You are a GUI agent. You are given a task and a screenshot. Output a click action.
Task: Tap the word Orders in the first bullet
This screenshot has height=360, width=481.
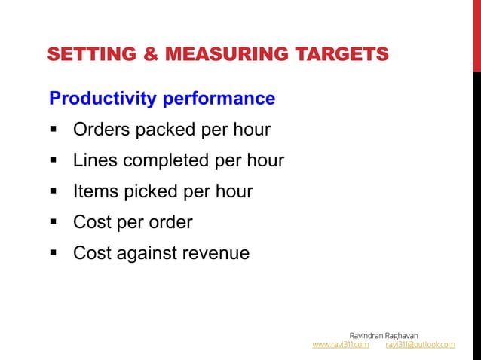[100, 130]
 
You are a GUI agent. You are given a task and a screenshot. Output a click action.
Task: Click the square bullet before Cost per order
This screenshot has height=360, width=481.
[55, 223]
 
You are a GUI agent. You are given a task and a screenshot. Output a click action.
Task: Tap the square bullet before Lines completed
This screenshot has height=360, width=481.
[55, 161]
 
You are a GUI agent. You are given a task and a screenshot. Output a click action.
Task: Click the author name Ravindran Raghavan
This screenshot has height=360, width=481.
[384, 334]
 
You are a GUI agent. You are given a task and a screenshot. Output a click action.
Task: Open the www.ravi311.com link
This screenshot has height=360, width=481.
[341, 345]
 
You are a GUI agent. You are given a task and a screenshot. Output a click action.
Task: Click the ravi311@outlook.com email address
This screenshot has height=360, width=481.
[420, 345]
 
